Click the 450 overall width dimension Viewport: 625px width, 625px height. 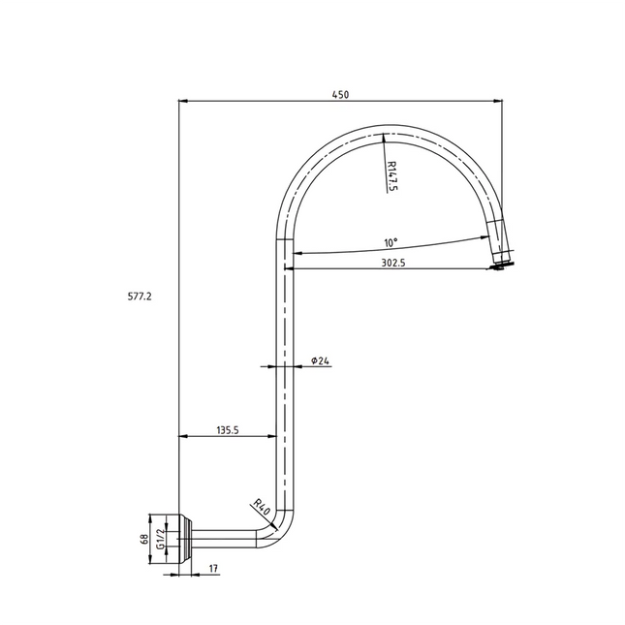(340, 94)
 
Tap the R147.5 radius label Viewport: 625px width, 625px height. (392, 177)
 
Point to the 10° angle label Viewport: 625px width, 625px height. (391, 242)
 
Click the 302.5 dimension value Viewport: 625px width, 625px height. (391, 262)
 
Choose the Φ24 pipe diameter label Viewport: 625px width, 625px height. (321, 360)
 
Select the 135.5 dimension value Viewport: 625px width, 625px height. (229, 429)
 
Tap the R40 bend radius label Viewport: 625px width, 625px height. (261, 506)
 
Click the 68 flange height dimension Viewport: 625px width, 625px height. (144, 539)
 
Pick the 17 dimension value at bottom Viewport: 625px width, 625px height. (212, 570)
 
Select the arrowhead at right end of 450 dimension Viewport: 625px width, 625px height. (499, 100)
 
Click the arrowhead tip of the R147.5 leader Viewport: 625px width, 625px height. (385, 136)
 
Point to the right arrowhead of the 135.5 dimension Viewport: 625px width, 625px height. (278, 437)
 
